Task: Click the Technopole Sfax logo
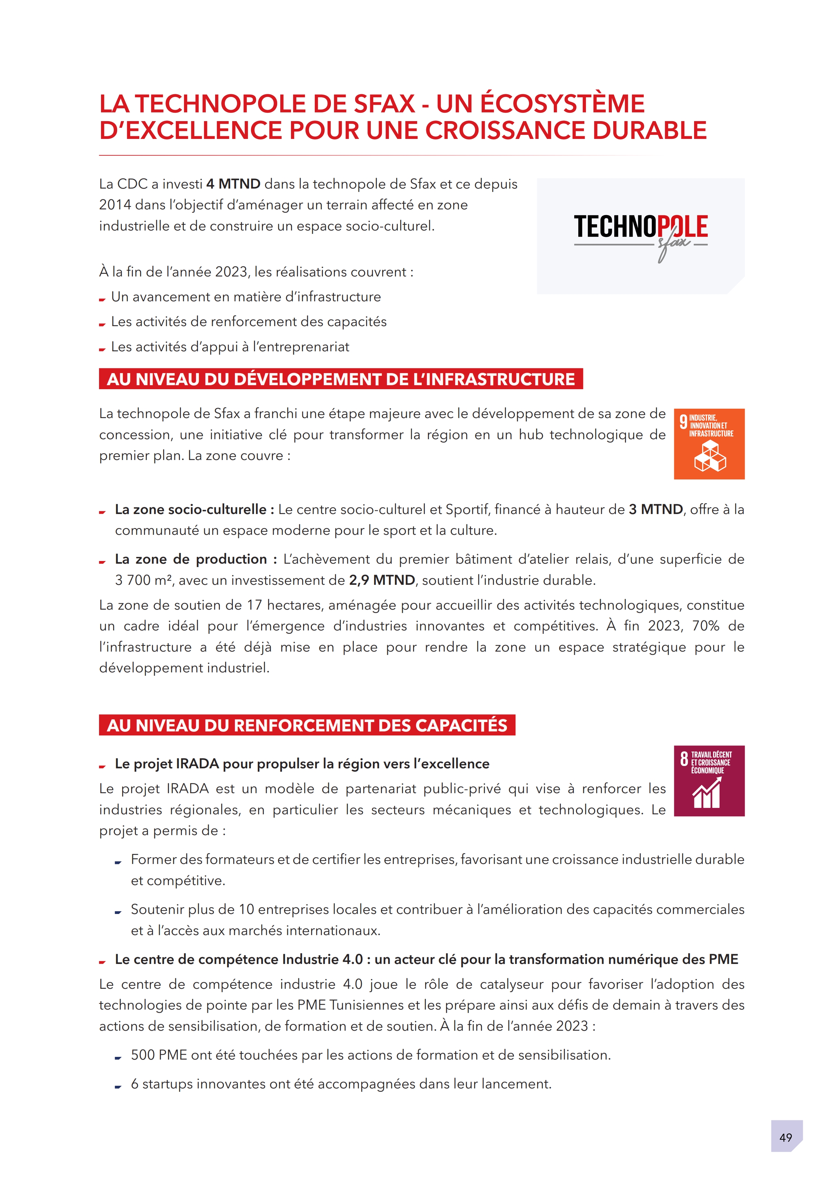[640, 236]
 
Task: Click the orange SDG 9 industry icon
[709, 444]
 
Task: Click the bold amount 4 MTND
[233, 184]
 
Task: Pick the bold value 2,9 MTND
[382, 580]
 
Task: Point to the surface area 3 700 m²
[143, 580]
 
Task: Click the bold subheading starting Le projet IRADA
[302, 764]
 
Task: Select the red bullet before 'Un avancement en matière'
[102, 299]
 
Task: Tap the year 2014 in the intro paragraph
[114, 205]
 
